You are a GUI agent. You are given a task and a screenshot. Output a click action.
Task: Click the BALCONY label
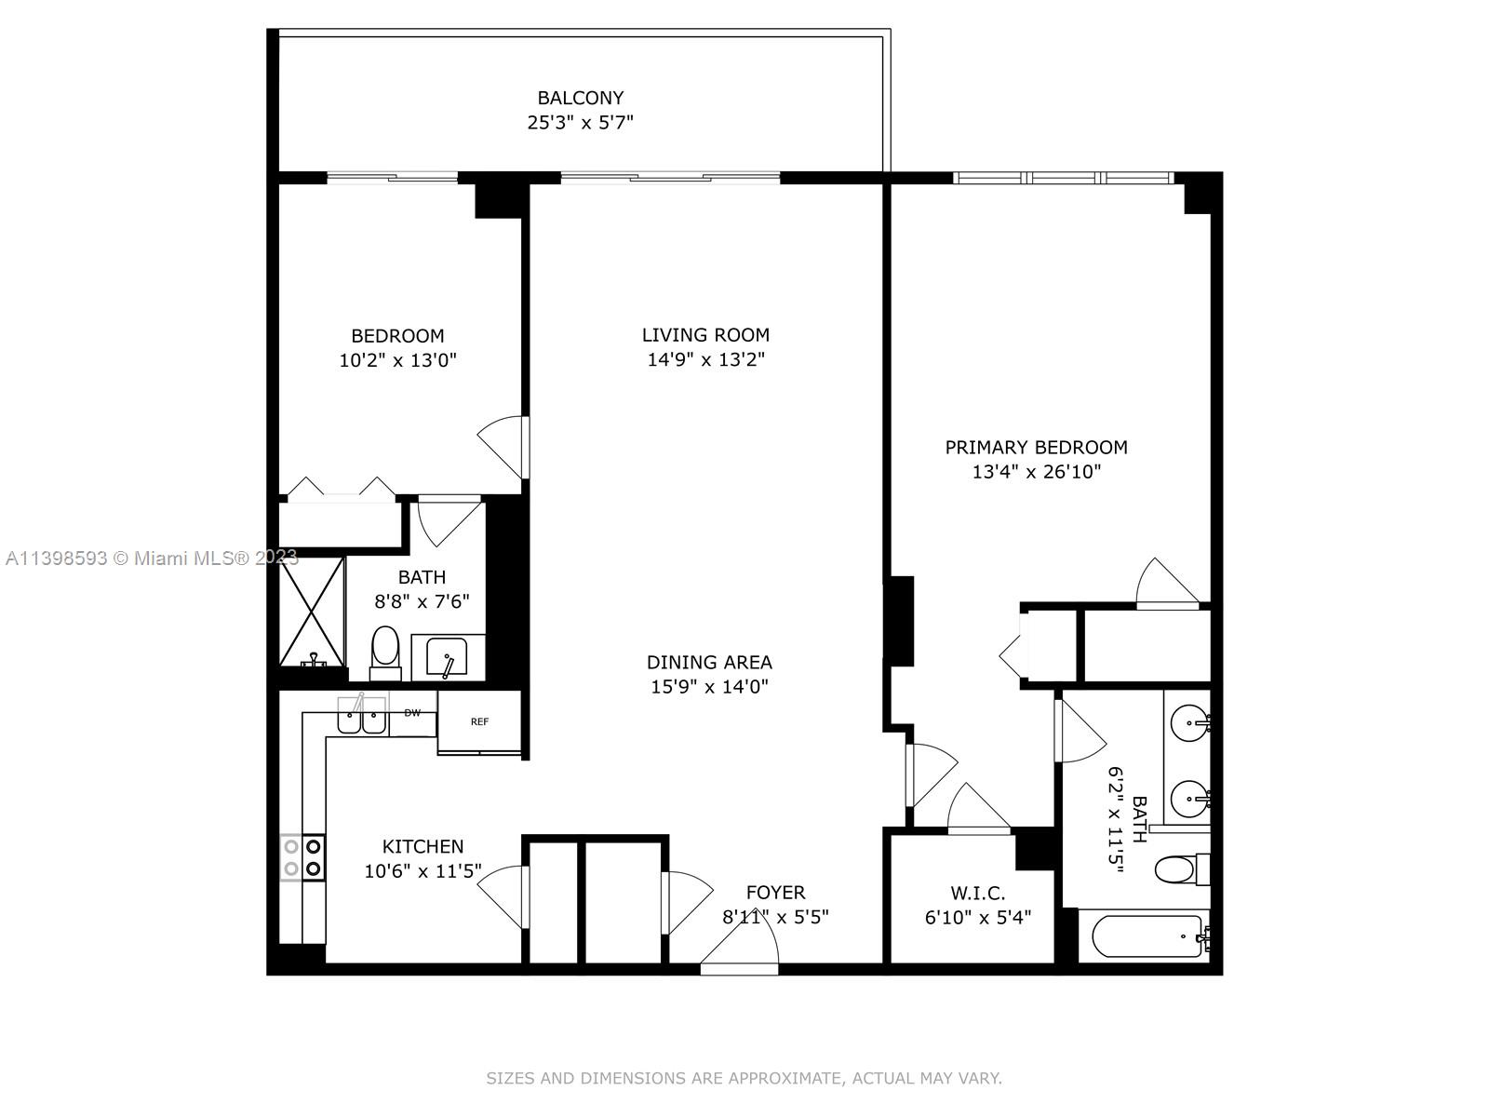click(580, 99)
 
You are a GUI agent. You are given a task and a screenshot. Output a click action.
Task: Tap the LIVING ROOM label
click(705, 335)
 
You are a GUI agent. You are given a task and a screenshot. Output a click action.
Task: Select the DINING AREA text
click(709, 662)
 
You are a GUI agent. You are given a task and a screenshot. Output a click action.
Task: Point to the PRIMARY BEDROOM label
click(1036, 448)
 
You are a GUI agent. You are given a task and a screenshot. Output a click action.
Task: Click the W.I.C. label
click(977, 894)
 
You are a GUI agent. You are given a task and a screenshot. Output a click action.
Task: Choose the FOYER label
click(775, 893)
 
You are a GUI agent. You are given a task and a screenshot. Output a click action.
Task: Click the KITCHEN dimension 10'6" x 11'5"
click(423, 871)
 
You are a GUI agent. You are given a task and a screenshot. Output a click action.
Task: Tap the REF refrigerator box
click(479, 721)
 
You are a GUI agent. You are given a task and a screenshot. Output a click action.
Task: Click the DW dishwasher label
click(412, 713)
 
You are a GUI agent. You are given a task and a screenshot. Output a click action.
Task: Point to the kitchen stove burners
click(302, 857)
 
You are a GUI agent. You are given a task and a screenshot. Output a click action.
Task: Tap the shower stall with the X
click(312, 612)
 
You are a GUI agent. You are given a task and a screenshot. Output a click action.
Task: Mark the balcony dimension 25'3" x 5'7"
click(580, 123)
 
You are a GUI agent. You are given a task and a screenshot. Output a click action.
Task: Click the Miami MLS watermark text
click(152, 558)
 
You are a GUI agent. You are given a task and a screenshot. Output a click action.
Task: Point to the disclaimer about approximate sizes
click(744, 1078)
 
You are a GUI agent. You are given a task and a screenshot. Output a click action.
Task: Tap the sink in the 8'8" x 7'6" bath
click(447, 657)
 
